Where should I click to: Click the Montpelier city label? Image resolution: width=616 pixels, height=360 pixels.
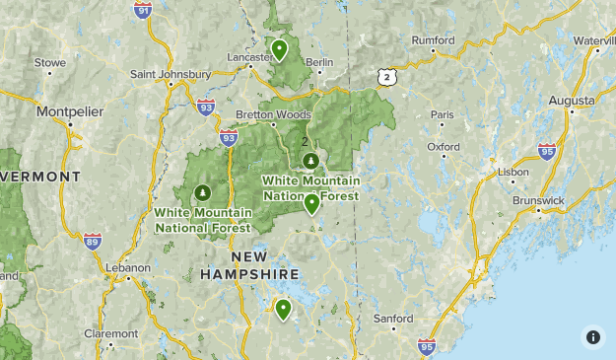(70, 111)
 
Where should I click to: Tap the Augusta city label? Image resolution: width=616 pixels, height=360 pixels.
(572, 101)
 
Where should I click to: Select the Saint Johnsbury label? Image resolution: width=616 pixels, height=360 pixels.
(171, 74)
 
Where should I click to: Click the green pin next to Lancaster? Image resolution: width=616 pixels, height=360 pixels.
(280, 49)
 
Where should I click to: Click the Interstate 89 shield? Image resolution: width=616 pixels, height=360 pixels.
(92, 241)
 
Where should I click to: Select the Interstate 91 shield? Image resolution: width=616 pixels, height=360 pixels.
(145, 11)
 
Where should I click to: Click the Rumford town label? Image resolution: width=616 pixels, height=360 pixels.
(433, 40)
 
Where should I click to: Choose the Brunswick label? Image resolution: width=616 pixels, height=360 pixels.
(539, 200)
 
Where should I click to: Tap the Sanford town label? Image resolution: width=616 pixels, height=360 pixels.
(393, 319)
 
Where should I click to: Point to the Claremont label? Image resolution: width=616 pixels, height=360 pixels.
(111, 333)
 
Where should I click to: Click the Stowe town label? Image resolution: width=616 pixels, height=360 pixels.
(50, 62)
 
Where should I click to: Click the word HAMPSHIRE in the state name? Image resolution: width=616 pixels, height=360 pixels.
(249, 274)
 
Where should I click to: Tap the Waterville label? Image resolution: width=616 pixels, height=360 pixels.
(593, 40)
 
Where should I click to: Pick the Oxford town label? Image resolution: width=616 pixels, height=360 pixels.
(444, 147)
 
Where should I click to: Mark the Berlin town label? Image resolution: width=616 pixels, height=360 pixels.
(320, 62)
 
